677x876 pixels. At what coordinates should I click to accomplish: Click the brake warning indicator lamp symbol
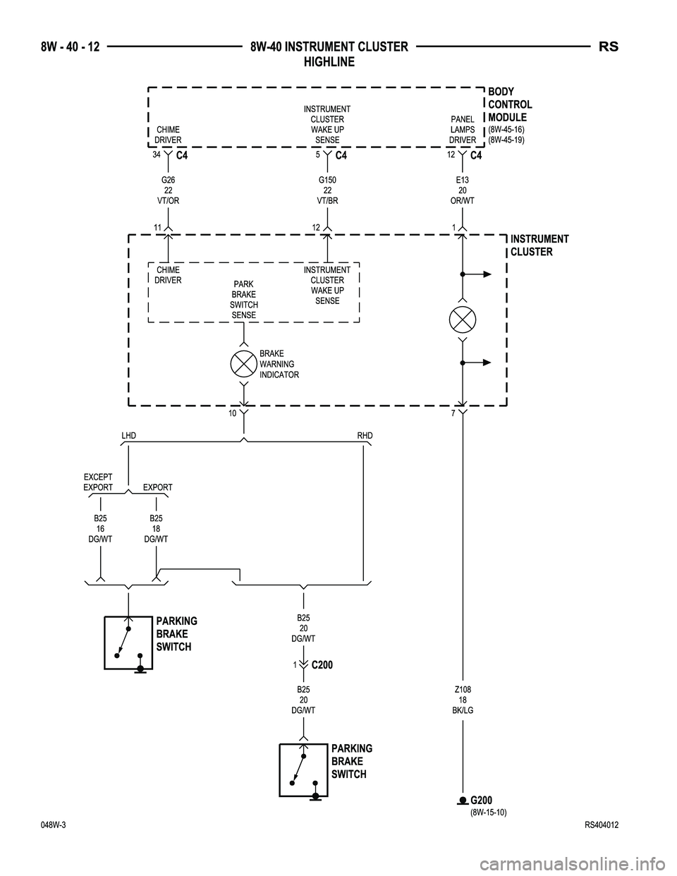coord(244,363)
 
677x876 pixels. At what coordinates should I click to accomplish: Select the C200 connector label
coord(322,665)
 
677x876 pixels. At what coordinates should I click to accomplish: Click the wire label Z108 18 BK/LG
coord(463,700)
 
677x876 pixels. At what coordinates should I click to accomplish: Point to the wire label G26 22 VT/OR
coord(168,190)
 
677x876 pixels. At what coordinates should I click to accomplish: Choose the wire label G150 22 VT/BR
coord(327,190)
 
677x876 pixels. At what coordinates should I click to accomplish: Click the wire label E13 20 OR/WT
coord(463,190)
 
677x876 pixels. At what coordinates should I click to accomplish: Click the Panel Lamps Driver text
coord(463,130)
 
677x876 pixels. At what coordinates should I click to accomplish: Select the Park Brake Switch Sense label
coord(244,300)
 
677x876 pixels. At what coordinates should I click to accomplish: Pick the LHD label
coord(128,436)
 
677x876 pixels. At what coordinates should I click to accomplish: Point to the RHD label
coord(365,436)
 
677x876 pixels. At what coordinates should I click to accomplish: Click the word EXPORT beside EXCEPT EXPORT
coord(157,487)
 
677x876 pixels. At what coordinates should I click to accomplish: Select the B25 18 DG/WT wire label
coord(156,528)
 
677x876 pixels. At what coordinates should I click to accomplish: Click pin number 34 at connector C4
coord(156,154)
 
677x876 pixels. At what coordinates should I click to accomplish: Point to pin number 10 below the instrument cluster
coord(232,414)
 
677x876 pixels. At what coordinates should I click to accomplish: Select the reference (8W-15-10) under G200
coord(488,812)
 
